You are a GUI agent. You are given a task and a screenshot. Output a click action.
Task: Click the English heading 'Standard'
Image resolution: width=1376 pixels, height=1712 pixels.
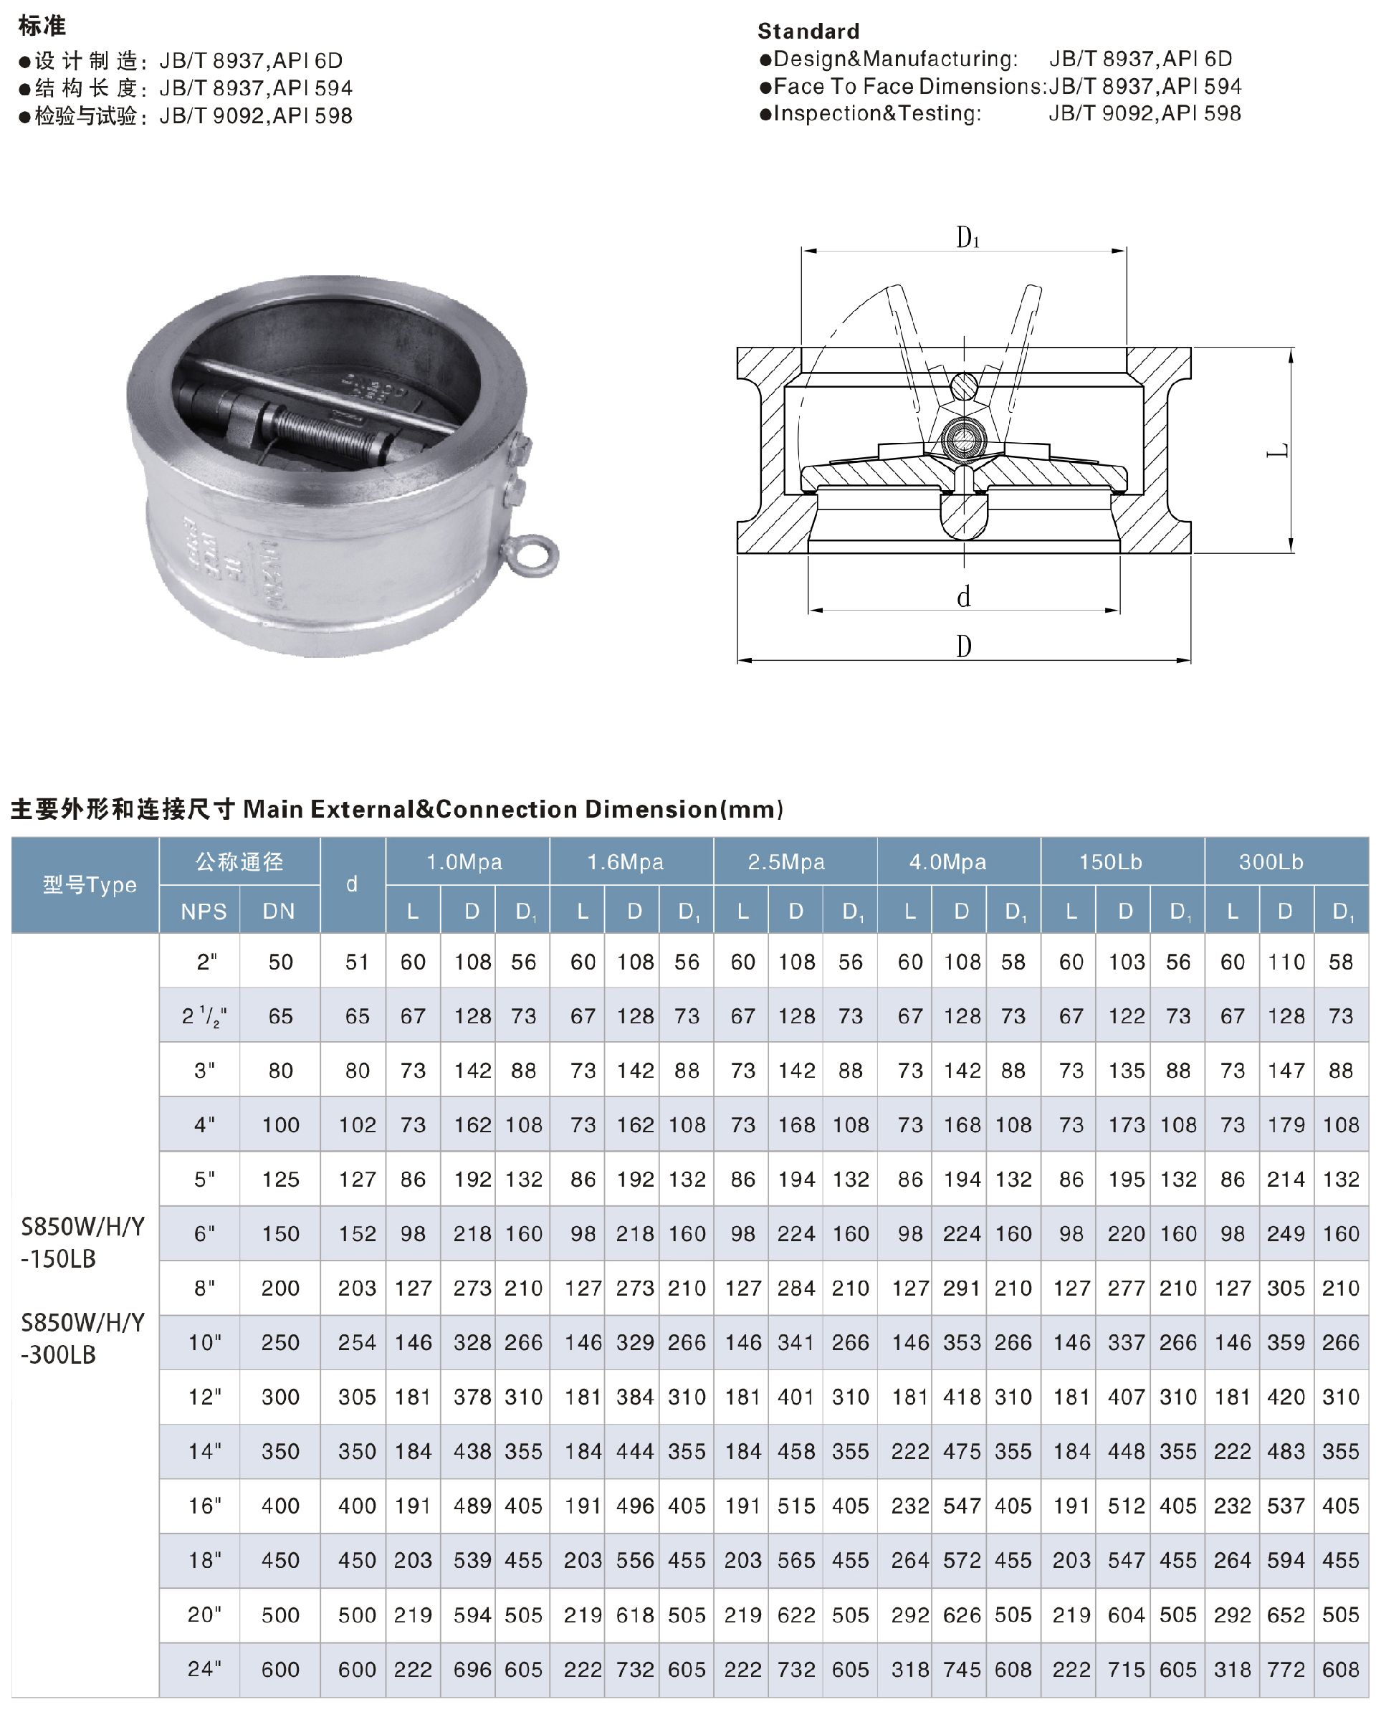(808, 31)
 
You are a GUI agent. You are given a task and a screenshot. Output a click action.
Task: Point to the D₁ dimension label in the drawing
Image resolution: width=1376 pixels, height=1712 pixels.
(967, 236)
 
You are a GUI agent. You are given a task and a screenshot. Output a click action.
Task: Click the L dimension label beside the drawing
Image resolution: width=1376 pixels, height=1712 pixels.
(1278, 451)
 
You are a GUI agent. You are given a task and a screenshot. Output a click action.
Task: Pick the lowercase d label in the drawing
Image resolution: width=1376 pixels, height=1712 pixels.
(963, 596)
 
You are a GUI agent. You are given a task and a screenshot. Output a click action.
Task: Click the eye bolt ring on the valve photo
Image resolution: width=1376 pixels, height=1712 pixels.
(530, 554)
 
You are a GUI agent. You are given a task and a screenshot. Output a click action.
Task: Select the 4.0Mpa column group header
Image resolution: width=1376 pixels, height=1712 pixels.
(947, 861)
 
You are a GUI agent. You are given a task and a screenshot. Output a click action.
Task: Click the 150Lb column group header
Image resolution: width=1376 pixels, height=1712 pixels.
(1110, 861)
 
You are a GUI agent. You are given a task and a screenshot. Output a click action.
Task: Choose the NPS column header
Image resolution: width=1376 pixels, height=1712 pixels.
(204, 911)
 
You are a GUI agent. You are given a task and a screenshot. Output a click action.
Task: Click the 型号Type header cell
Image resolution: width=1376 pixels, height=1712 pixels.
(90, 884)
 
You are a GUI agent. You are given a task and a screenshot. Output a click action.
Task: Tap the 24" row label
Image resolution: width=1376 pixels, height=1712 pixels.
(204, 1668)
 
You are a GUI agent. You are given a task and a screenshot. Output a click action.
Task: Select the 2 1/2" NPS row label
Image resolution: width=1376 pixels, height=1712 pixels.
(204, 1015)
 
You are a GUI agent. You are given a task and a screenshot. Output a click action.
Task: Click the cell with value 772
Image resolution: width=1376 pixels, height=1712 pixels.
(1286, 1669)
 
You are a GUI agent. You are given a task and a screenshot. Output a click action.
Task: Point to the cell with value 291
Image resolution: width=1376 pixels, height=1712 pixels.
(962, 1287)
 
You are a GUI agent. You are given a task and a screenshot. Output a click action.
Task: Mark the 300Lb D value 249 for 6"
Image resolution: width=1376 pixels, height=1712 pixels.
(1286, 1233)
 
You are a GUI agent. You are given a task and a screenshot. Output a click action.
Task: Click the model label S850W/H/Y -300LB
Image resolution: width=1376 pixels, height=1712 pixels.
(82, 1338)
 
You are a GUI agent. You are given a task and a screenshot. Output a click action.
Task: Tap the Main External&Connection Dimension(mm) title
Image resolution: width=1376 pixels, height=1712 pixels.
(513, 809)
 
